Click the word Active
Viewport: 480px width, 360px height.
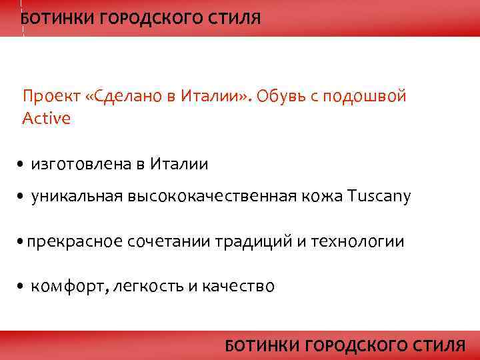pyautogui.click(x=46, y=119)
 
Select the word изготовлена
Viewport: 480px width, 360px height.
pyautogui.click(x=74, y=163)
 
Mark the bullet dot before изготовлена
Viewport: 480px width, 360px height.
pyautogui.click(x=22, y=164)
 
